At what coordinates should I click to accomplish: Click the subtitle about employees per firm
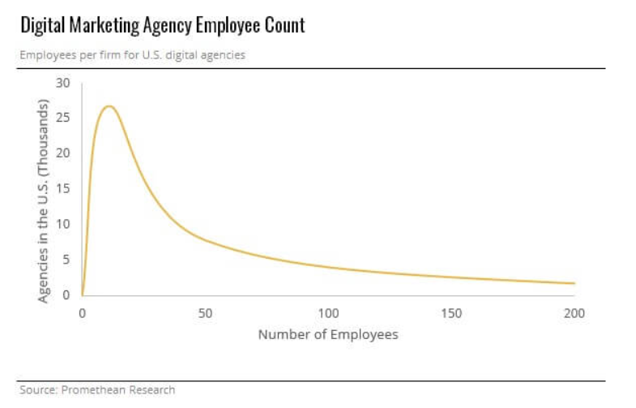pyautogui.click(x=132, y=55)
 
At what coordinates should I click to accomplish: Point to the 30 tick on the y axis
pyautogui.click(x=63, y=83)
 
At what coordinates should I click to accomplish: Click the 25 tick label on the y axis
pyautogui.click(x=63, y=118)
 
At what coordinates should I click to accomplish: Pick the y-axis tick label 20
pyautogui.click(x=63, y=153)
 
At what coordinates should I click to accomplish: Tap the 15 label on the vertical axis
pyautogui.click(x=63, y=188)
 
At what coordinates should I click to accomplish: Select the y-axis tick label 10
pyautogui.click(x=63, y=224)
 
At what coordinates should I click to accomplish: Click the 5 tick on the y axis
pyautogui.click(x=66, y=259)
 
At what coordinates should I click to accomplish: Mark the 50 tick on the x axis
pyautogui.click(x=205, y=313)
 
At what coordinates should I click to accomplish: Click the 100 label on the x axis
pyautogui.click(x=328, y=313)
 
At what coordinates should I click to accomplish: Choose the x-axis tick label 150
pyautogui.click(x=451, y=313)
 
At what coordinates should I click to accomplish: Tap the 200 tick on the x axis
pyautogui.click(x=574, y=313)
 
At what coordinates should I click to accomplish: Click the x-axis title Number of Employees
pyautogui.click(x=328, y=334)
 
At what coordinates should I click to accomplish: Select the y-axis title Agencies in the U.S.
pyautogui.click(x=44, y=201)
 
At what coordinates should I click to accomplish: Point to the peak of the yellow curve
pyautogui.click(x=109, y=106)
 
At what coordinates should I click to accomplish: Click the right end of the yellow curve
pyautogui.click(x=574, y=283)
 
